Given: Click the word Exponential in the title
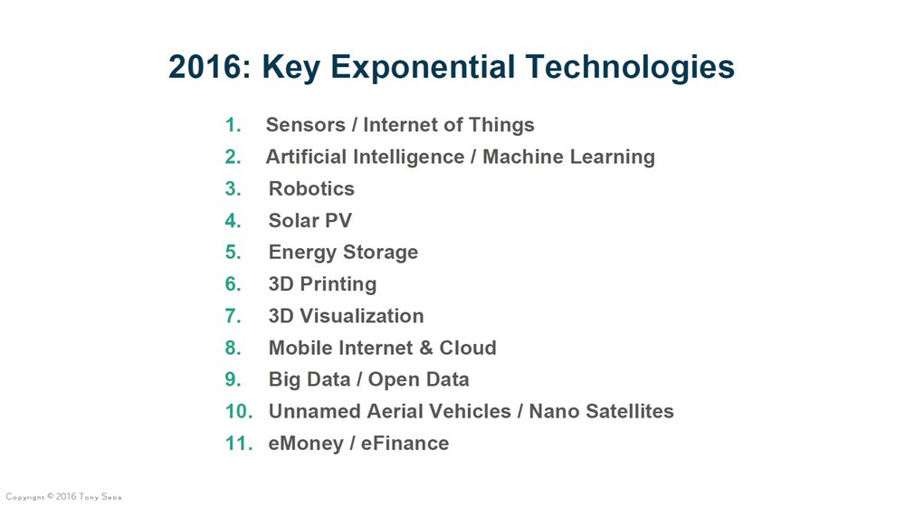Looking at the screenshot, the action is coord(423,68).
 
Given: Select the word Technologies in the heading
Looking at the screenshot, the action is coord(630,68).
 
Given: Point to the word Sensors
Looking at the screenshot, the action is coord(305,125).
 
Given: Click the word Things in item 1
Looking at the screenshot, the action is coord(501,125).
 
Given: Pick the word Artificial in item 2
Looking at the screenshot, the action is coord(307,157).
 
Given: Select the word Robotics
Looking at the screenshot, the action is coord(311,188).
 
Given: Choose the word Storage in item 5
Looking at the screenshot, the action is coord(380,253).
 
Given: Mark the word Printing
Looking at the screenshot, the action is coord(338,284).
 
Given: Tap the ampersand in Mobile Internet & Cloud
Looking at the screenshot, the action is coord(426,348).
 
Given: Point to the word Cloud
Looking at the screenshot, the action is coord(468,348).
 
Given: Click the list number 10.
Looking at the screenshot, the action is coord(239,411).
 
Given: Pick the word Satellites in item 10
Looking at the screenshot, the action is coord(629,411).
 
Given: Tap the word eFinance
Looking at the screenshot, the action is coord(405,443).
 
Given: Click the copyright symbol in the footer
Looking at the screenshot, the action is coord(51,496).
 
